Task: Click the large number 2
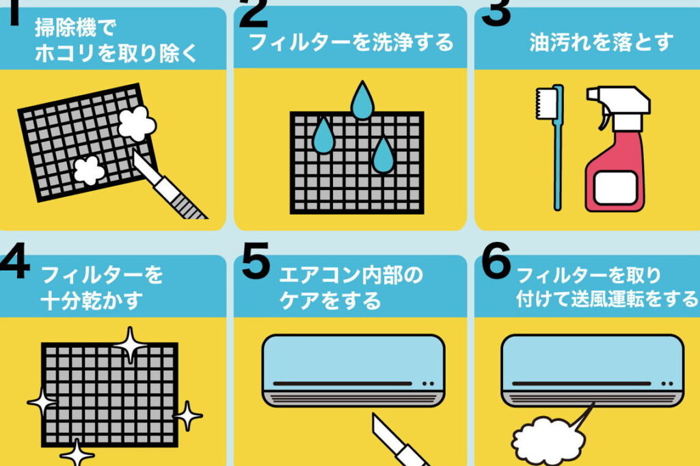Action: pyautogui.click(x=253, y=14)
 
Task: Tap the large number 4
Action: pyautogui.click(x=15, y=260)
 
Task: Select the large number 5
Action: pyautogui.click(x=256, y=260)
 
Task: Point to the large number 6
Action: pyautogui.click(x=496, y=260)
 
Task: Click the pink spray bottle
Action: pyautogui.click(x=617, y=150)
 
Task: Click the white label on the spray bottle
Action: pyautogui.click(x=616, y=188)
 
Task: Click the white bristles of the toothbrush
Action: pyautogui.click(x=543, y=103)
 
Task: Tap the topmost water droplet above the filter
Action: pyautogui.click(x=362, y=102)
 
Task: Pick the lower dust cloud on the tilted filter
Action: pyautogui.click(x=89, y=171)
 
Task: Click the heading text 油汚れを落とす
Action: pyautogui.click(x=602, y=42)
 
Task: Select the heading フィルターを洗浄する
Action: pyautogui.click(x=351, y=42)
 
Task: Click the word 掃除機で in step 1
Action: pyautogui.click(x=75, y=28)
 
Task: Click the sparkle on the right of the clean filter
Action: pyautogui.click(x=188, y=416)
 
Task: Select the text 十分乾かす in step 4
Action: pyautogui.click(x=92, y=301)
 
